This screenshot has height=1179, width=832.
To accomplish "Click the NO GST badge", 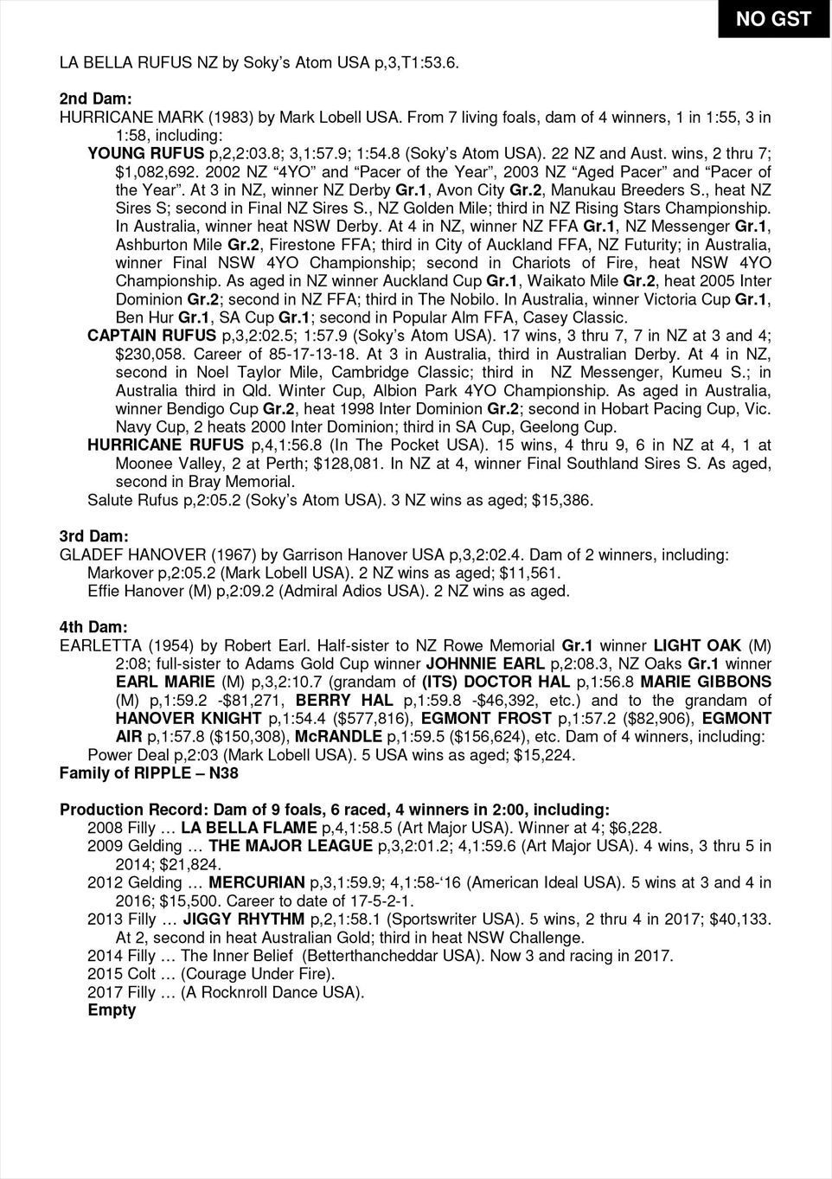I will click(x=774, y=19).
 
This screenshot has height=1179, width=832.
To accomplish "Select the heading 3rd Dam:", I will click(x=93, y=536).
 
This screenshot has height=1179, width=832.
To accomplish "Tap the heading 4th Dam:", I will click(x=93, y=626).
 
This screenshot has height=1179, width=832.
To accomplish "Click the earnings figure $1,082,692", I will click(x=158, y=172).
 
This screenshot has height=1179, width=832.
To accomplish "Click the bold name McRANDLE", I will click(x=338, y=736).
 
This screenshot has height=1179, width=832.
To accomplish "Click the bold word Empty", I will click(x=112, y=1010).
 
